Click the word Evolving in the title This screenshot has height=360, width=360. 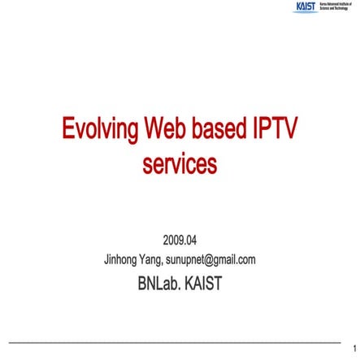point(100,130)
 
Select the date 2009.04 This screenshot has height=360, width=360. point(180,240)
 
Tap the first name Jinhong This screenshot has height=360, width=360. point(121,260)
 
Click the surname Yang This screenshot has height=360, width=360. point(150,260)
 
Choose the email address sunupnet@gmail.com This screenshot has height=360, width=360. point(210,260)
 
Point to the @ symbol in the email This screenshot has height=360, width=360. point(209,260)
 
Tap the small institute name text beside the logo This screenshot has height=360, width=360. point(336,7)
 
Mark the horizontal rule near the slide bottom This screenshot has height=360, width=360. point(174,340)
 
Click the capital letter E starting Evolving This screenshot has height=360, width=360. point(69,130)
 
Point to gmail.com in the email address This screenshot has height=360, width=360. point(236,260)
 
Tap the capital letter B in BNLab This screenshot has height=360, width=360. point(143,284)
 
